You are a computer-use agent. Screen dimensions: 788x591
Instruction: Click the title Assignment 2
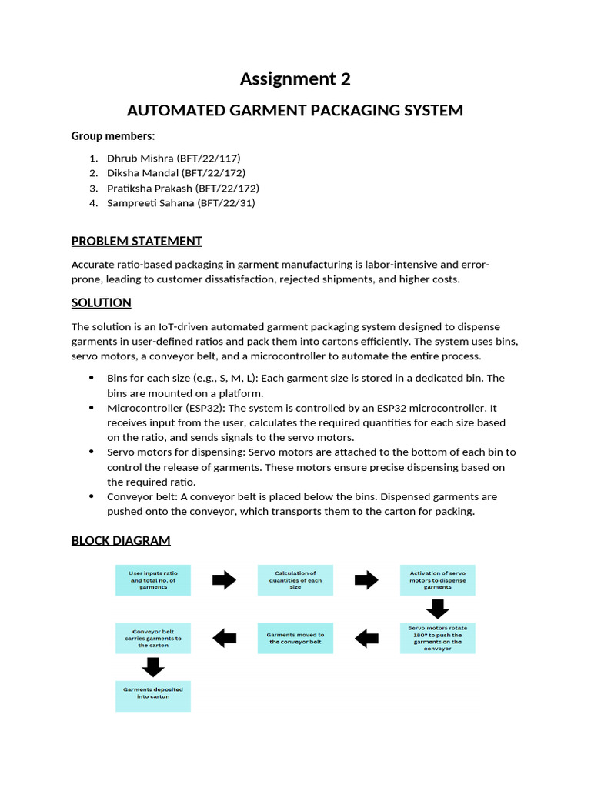(x=295, y=78)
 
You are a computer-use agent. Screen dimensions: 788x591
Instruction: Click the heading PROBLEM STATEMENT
(x=136, y=241)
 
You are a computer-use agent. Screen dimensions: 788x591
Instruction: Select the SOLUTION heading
(x=101, y=302)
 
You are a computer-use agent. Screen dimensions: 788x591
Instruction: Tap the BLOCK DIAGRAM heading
(x=121, y=540)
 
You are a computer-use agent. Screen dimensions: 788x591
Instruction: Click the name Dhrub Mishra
(x=140, y=158)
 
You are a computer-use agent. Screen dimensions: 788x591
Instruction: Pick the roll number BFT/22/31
(x=226, y=203)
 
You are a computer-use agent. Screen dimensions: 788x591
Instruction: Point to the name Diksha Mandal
(x=143, y=173)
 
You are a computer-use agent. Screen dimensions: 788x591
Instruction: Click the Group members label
(x=113, y=136)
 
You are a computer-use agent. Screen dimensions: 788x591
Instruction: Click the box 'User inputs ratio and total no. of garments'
(x=152, y=579)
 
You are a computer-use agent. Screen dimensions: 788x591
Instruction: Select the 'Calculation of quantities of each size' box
(x=295, y=579)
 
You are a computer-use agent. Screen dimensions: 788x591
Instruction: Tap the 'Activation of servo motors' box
(x=437, y=579)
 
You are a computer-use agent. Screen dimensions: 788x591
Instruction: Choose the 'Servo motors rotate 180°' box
(x=437, y=638)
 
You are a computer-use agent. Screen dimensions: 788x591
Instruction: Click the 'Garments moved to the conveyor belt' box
(x=295, y=638)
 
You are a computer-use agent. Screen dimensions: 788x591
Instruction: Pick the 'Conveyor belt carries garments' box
(x=152, y=638)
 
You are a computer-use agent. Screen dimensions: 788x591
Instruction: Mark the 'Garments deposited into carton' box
(x=152, y=696)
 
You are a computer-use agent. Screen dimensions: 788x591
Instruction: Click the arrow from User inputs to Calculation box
(x=224, y=580)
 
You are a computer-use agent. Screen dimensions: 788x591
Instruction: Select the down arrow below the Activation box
(x=437, y=609)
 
